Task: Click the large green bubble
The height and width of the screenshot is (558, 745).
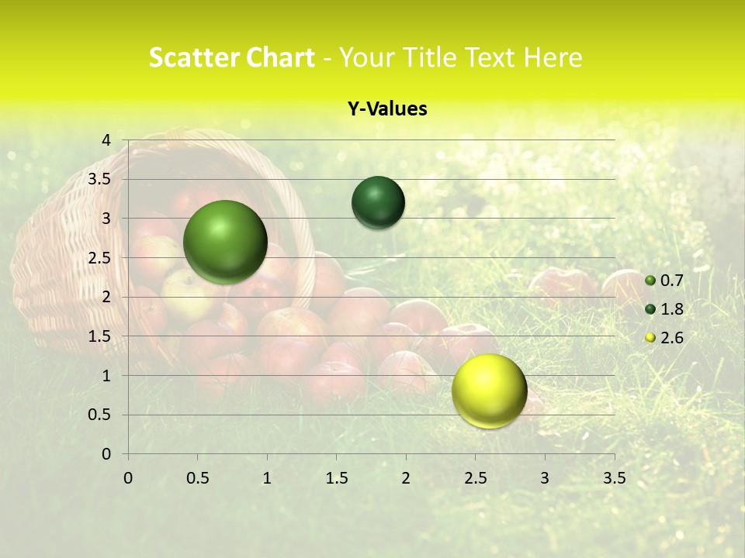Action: (226, 242)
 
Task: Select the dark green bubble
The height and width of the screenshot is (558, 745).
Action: (378, 202)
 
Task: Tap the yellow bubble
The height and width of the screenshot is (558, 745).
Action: (489, 391)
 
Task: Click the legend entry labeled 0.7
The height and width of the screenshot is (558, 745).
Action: (672, 281)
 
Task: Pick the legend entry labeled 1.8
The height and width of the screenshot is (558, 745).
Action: (672, 309)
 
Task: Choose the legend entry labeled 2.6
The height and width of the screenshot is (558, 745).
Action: (672, 338)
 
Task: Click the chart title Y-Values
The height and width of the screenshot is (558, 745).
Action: (386, 109)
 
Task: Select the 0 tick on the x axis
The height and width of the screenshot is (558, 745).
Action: (128, 478)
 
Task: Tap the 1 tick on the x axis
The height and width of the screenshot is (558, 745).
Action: (267, 478)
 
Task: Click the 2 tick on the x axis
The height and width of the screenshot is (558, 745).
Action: (406, 478)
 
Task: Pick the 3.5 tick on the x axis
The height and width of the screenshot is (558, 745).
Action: (614, 478)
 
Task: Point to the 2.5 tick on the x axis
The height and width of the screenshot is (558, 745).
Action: (475, 478)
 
